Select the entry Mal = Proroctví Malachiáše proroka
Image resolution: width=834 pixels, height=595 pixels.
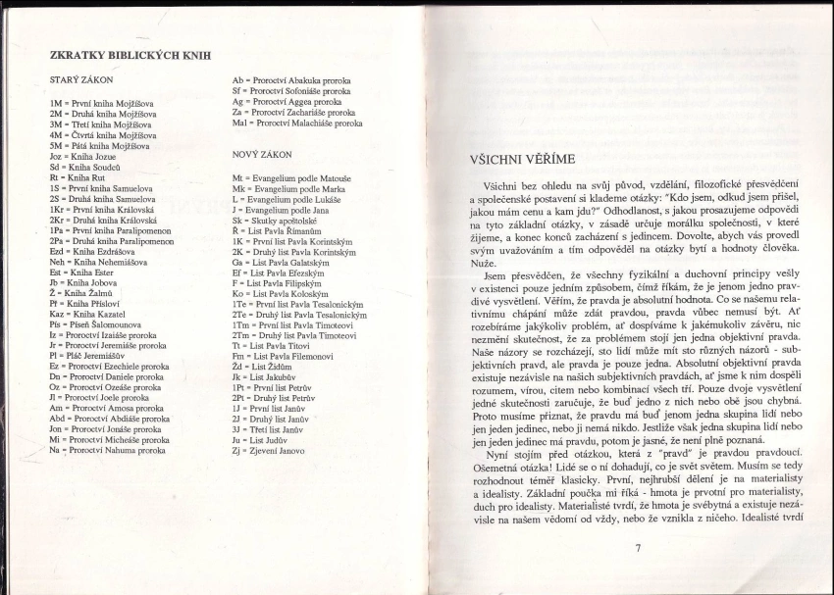click(296, 124)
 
